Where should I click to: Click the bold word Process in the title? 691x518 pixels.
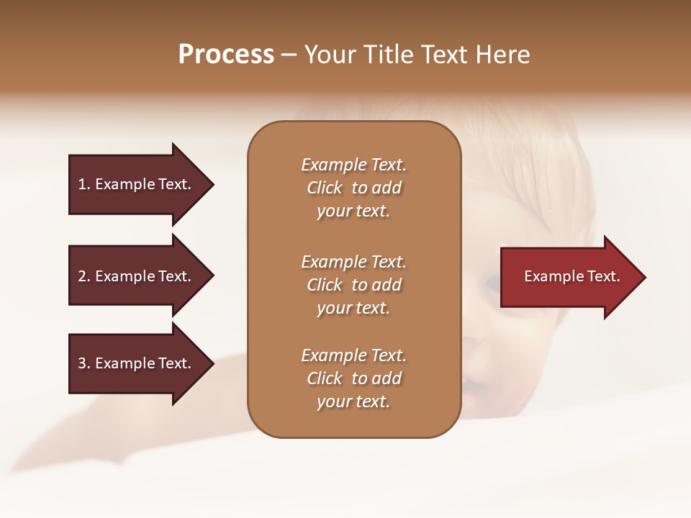click(226, 55)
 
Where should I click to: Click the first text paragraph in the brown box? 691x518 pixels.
click(353, 188)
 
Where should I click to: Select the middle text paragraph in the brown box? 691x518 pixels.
click(353, 285)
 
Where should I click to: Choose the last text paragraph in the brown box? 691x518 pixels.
click(353, 378)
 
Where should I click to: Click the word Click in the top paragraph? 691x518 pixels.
click(324, 188)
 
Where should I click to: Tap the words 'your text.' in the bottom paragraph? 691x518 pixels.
click(353, 401)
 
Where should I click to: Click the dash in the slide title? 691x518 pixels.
click(289, 55)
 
